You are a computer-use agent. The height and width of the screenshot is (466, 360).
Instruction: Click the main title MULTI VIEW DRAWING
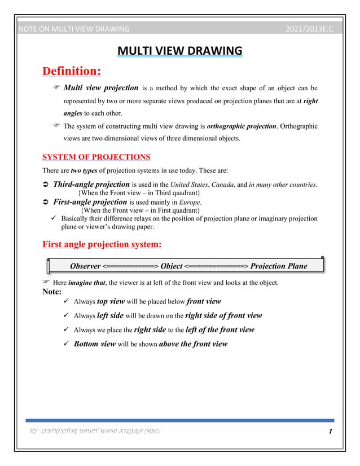click(x=180, y=52)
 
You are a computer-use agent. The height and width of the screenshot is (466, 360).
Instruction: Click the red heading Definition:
click(x=72, y=72)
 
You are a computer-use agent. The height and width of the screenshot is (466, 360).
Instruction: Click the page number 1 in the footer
click(x=328, y=432)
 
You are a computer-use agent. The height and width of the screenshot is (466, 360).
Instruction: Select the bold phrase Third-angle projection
click(x=91, y=184)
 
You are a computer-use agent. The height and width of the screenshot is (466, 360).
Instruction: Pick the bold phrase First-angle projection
click(x=90, y=201)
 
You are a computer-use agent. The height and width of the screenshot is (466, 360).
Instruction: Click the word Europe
click(x=190, y=202)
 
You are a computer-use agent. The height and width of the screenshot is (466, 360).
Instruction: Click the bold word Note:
click(x=52, y=292)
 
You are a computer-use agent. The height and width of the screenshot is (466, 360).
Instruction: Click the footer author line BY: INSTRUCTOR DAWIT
click(x=93, y=432)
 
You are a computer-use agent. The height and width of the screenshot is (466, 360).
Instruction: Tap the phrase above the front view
click(x=194, y=344)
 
